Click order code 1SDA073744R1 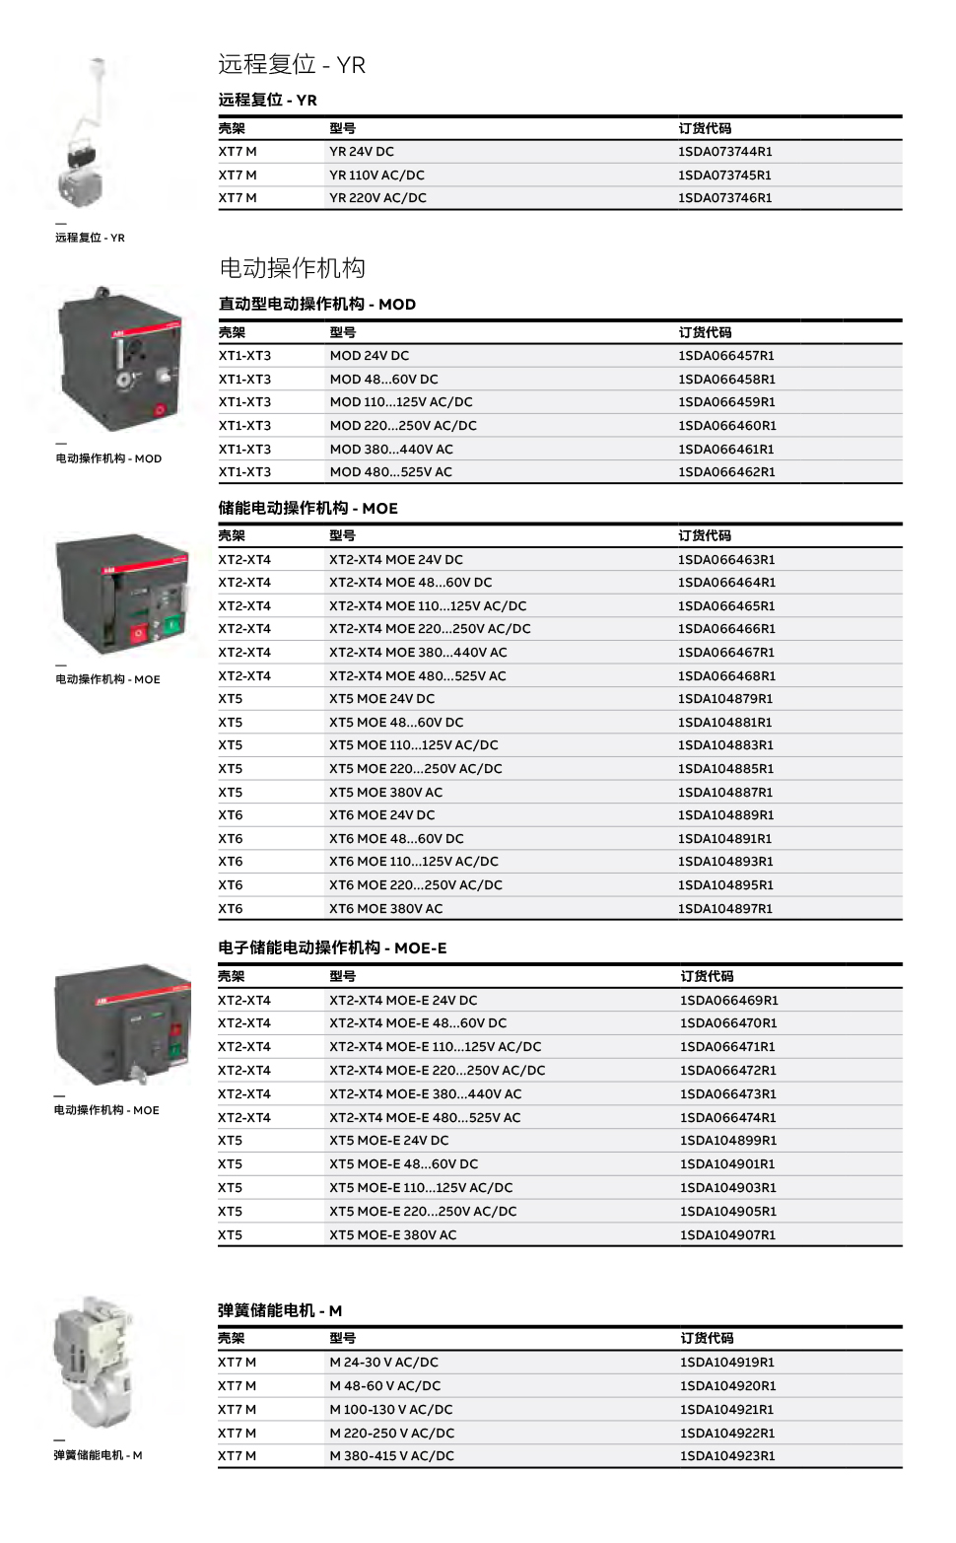tap(724, 152)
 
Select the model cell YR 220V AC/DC tap(377, 198)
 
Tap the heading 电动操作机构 tap(292, 268)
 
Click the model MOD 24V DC tap(369, 356)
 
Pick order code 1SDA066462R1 tap(726, 472)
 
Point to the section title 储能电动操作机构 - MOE tap(307, 509)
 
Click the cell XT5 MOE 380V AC tap(385, 793)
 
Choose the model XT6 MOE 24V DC tap(381, 815)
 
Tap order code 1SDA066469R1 tap(728, 1001)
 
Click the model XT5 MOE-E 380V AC tap(392, 1235)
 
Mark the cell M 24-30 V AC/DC tap(383, 1363)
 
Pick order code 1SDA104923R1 tap(726, 1456)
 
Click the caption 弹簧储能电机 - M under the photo tap(98, 1455)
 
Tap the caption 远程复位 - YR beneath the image tap(90, 238)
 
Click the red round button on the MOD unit tap(157, 412)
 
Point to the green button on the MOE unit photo tap(172, 624)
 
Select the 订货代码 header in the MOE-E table tap(707, 977)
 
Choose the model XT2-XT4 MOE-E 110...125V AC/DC tap(435, 1047)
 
